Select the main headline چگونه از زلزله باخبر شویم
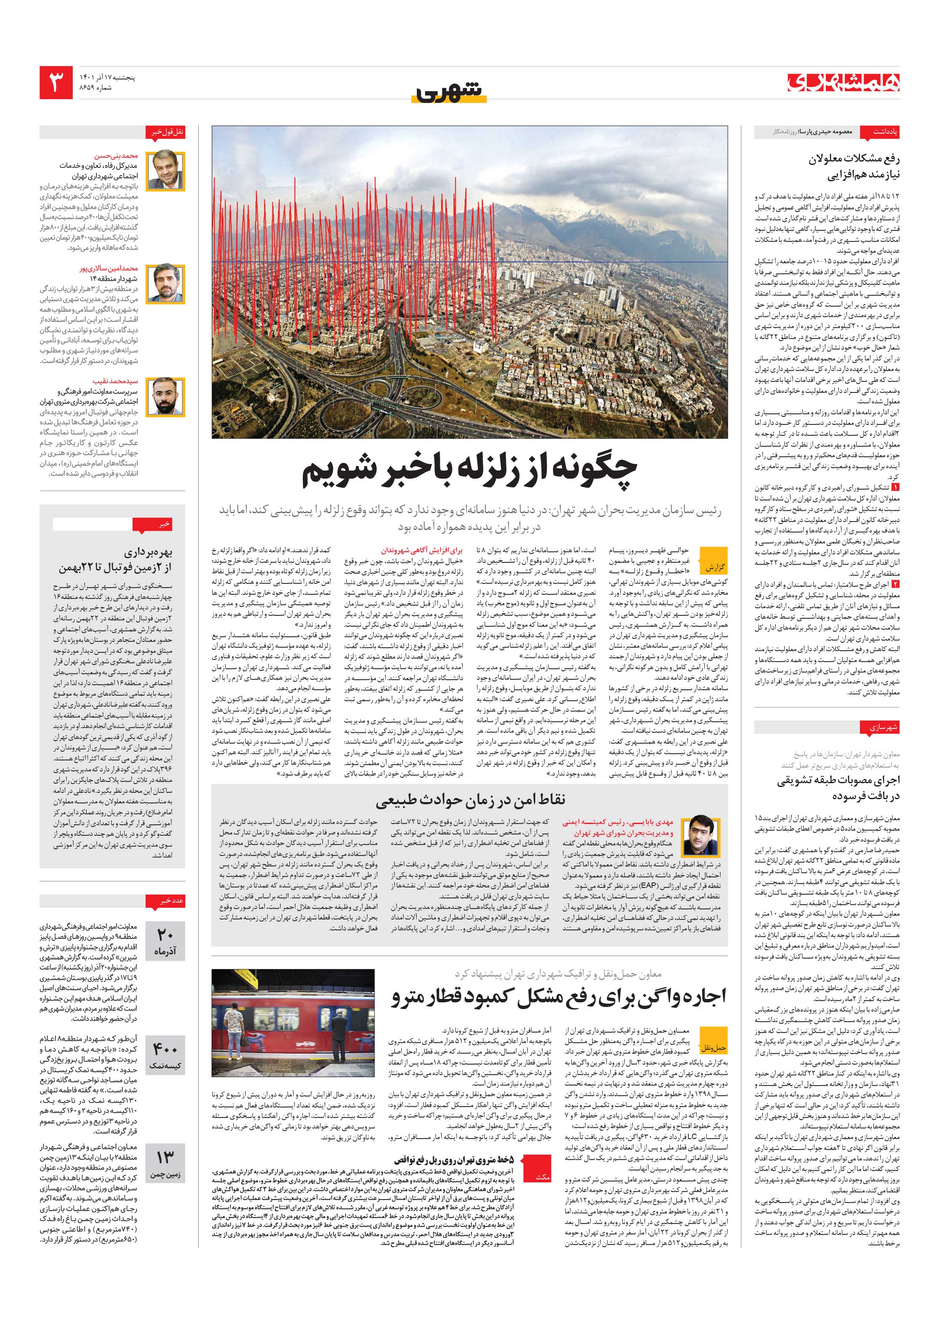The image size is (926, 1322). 470,472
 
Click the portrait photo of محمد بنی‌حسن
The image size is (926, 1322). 165,170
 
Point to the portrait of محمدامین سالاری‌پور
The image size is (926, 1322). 165,284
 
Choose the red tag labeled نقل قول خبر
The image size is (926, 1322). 165,132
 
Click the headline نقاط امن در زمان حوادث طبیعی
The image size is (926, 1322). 470,799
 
